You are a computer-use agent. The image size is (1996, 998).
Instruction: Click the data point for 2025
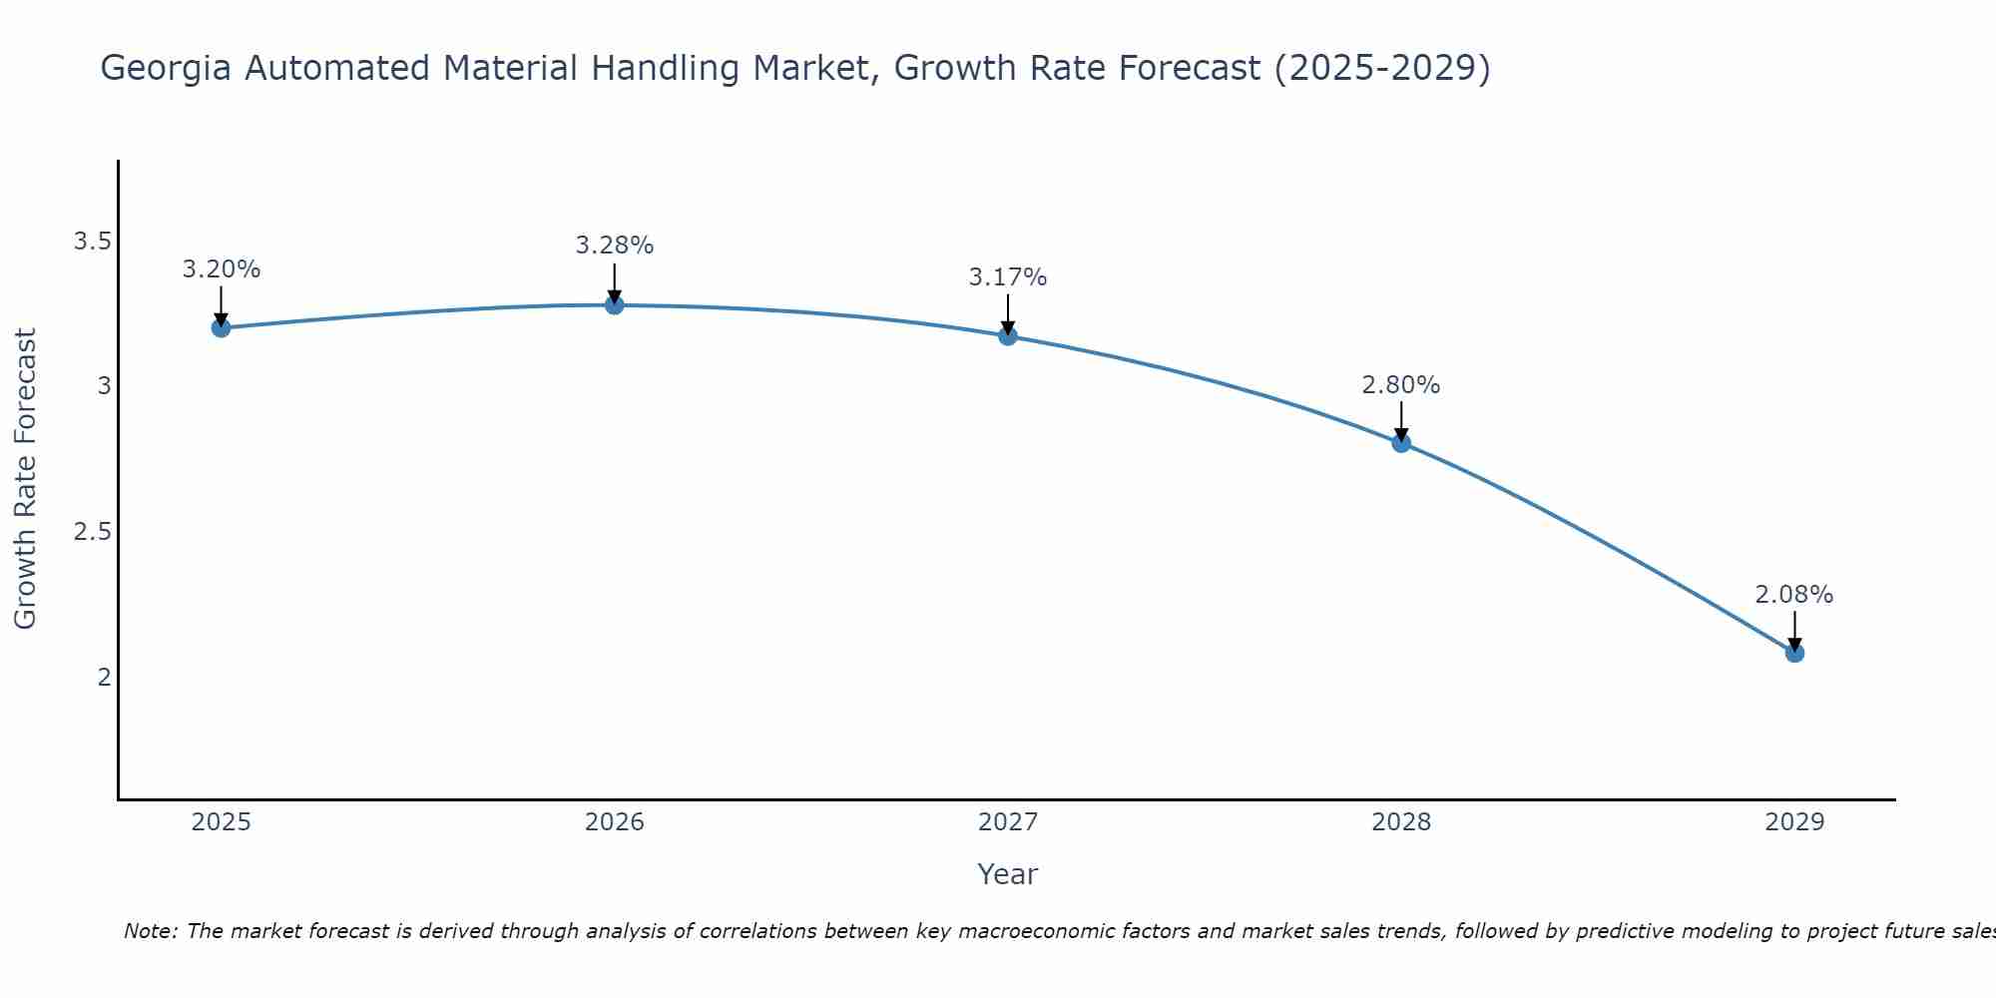(222, 327)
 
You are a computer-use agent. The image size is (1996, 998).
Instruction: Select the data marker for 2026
(615, 304)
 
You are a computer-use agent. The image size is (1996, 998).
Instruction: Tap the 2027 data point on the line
(1008, 335)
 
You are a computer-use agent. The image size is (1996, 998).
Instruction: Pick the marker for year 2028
(1401, 443)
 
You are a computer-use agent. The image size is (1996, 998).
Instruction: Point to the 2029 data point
(1794, 653)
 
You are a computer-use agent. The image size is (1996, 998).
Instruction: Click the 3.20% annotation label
(222, 269)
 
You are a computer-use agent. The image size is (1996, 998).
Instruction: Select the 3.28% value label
(615, 246)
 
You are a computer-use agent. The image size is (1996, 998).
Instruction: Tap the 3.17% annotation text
(1008, 277)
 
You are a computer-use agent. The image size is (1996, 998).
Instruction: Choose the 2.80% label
(1401, 385)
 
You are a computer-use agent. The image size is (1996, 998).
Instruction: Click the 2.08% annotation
(1794, 595)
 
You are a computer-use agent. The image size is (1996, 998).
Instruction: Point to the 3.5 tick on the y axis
(93, 242)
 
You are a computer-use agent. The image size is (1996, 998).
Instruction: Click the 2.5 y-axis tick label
(93, 532)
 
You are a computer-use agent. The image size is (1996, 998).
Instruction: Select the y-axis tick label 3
(104, 386)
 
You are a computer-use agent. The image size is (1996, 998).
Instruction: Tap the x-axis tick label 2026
(615, 822)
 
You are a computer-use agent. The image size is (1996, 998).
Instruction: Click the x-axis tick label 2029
(1794, 822)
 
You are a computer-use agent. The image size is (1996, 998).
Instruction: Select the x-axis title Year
(1008, 874)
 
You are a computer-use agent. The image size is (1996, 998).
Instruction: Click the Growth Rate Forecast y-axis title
(26, 479)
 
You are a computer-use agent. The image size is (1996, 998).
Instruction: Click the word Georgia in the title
(167, 69)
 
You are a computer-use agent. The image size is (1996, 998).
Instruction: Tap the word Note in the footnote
(150, 931)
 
